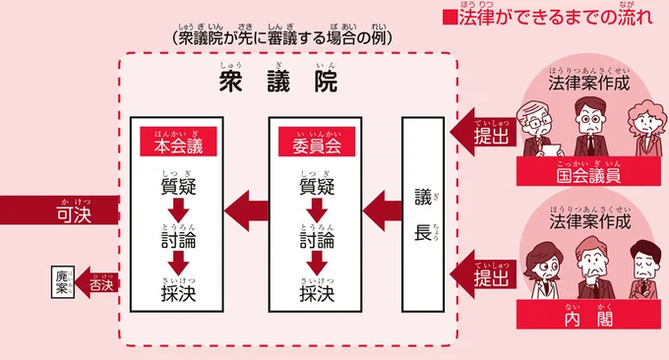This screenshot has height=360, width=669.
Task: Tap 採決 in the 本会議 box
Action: pos(177,292)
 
